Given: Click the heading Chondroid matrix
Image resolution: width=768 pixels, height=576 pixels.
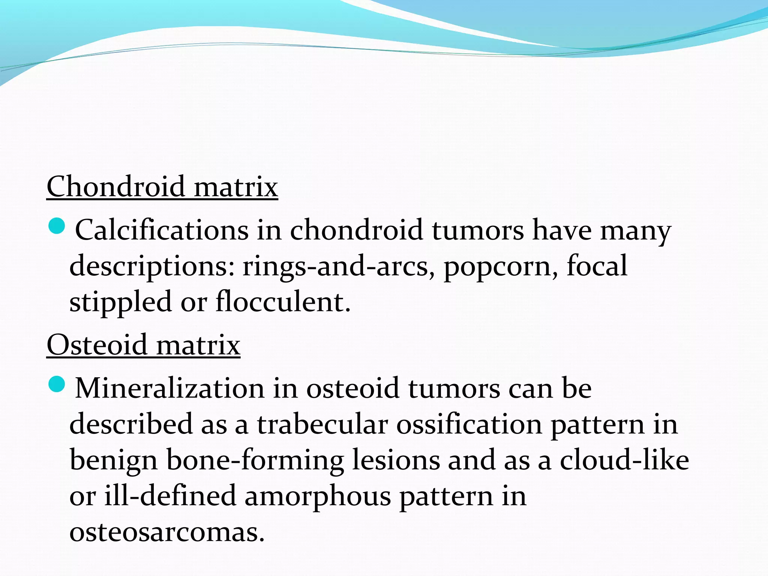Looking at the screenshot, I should [162, 186].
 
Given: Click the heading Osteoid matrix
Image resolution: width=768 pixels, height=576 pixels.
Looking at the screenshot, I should [143, 345].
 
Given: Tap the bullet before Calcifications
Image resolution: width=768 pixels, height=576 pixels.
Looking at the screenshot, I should [57, 226].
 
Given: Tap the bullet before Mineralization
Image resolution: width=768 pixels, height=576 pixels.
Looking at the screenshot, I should [57, 384].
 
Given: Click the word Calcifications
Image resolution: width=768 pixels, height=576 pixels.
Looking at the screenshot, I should [162, 230].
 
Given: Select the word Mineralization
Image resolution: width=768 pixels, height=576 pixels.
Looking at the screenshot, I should [170, 388].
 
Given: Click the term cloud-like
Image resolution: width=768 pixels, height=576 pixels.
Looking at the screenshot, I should [624, 460].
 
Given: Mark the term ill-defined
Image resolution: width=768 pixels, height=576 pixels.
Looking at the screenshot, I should [170, 496].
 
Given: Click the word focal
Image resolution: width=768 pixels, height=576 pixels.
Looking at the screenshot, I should [597, 265].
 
